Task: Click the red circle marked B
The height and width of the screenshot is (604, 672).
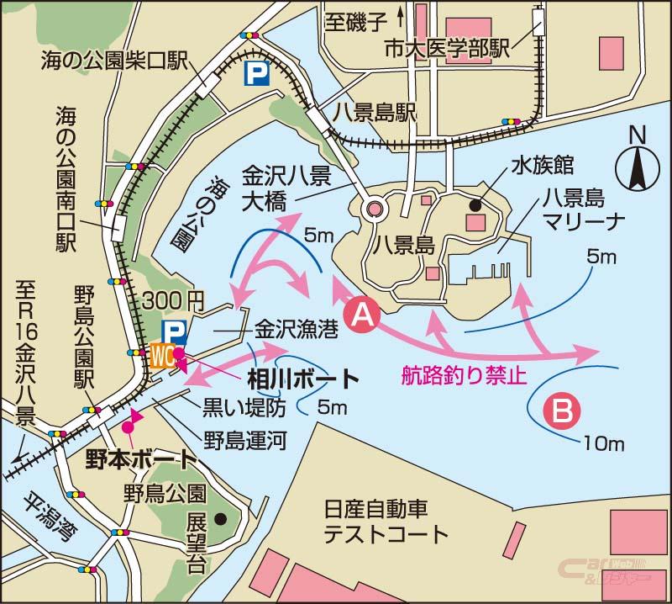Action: [562, 411]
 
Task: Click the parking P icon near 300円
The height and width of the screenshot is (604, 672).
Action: [174, 330]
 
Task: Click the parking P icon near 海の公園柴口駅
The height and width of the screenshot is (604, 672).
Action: [252, 76]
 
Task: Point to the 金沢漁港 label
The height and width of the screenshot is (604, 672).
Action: [297, 329]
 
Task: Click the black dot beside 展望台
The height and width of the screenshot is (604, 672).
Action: [220, 517]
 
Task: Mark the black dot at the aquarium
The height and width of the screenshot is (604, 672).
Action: [476, 203]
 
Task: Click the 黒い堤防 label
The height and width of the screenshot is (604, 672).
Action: [244, 407]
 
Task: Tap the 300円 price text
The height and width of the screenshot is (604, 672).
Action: [174, 298]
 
